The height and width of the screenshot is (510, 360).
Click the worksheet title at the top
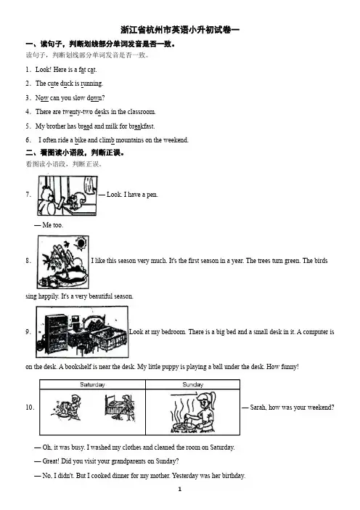180,30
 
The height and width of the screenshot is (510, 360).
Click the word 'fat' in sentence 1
82,70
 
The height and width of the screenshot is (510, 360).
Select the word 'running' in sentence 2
91,84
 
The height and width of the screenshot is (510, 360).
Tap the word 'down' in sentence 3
94,98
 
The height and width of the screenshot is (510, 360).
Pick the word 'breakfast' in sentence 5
142,126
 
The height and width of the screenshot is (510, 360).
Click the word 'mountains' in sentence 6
130,140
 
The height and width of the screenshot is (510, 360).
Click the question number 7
28,195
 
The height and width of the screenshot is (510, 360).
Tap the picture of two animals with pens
67,195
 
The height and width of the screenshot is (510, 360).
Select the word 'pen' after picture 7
152,195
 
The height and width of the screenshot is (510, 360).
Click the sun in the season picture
80,243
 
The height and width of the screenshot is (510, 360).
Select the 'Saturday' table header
93,384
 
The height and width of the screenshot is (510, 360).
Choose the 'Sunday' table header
192,384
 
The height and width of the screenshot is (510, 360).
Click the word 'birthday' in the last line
233,476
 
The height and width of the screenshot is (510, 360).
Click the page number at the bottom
180,489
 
